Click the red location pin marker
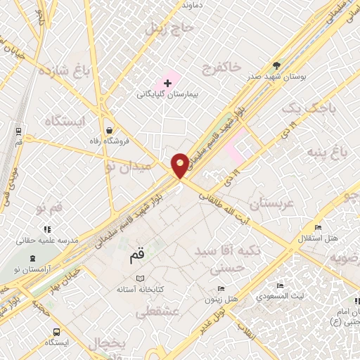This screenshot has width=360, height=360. coord(180,165)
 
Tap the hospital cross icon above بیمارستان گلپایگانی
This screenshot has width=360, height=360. coord(167,83)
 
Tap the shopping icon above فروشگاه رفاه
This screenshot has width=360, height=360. coord(109,130)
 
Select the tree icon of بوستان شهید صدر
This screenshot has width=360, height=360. coord(276,65)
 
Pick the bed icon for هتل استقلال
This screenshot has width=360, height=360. coord(319,227)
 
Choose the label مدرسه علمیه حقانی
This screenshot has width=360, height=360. coord(46,240)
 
